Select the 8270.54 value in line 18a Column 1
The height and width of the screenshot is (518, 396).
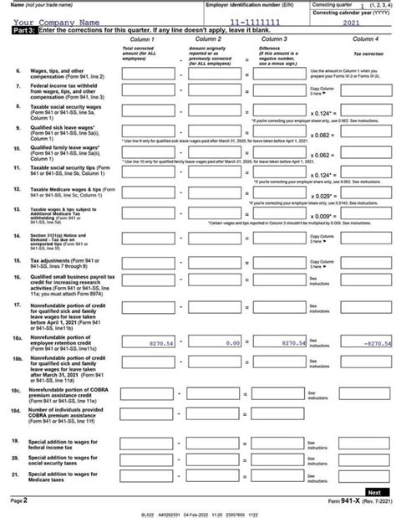tap(148, 343)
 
